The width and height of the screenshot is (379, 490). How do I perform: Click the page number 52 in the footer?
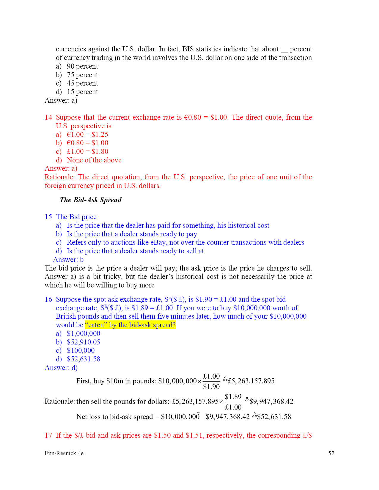coord(331,453)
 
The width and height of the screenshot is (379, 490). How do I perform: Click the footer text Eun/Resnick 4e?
coord(64,453)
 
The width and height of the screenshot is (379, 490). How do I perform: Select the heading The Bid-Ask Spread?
coord(90,200)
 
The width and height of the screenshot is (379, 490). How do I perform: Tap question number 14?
coord(48,117)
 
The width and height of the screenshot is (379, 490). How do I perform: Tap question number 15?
coord(48,217)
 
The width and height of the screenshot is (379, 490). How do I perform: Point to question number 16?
coord(48,299)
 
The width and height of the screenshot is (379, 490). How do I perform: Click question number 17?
coord(48,435)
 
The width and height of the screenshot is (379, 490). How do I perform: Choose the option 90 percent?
coord(82,66)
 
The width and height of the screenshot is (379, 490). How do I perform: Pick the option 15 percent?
coord(82,92)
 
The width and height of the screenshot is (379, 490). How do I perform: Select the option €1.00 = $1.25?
coord(87,135)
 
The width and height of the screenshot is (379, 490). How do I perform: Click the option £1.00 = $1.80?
coord(87,151)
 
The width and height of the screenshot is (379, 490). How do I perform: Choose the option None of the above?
coord(94,160)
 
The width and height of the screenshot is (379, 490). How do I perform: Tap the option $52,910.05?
coord(84,342)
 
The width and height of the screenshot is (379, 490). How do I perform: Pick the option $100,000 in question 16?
coord(81,350)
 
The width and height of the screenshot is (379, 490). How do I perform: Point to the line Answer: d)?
coord(61,368)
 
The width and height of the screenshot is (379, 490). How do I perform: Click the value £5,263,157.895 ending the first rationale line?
coord(251,381)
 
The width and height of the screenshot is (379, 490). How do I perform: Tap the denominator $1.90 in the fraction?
coord(211,387)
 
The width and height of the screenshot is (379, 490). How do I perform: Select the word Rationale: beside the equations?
coord(59,402)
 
